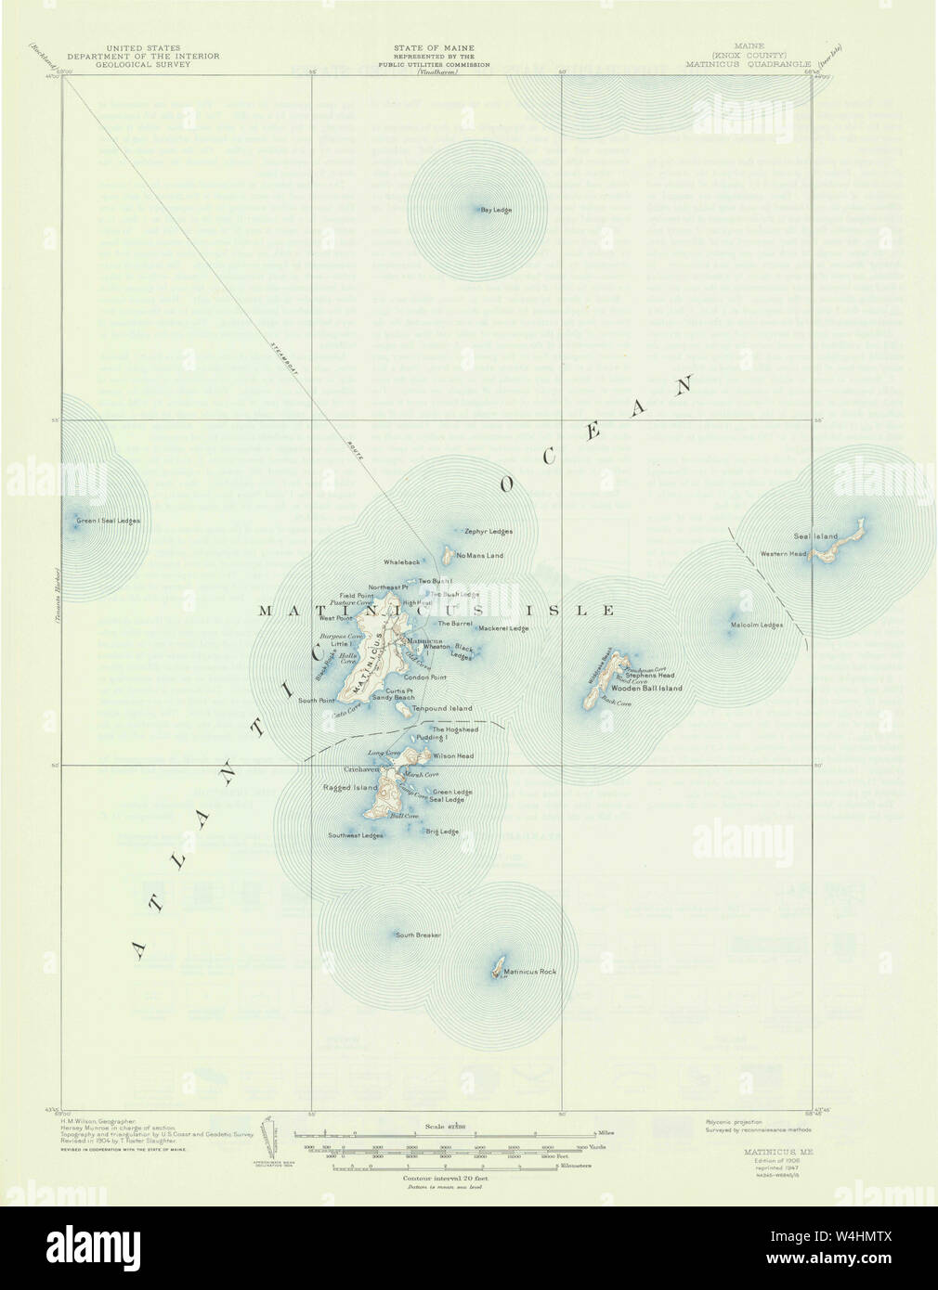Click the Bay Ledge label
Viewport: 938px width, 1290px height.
pyautogui.click(x=496, y=210)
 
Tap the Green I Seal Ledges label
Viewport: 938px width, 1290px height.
pyautogui.click(x=109, y=521)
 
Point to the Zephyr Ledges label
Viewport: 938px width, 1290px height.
pyautogui.click(x=489, y=532)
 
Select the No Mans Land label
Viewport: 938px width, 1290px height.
pyautogui.click(x=479, y=555)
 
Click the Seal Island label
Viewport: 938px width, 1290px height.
pyautogui.click(x=815, y=536)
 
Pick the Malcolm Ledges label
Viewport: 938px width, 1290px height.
pyautogui.click(x=757, y=625)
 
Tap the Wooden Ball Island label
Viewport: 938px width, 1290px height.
pyautogui.click(x=646, y=688)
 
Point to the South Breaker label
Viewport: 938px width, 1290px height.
pyautogui.click(x=418, y=935)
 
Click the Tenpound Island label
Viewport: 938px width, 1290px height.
pyautogui.click(x=448, y=708)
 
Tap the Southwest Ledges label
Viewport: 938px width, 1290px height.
pyautogui.click(x=356, y=835)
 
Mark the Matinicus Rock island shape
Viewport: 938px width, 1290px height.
pyautogui.click(x=499, y=966)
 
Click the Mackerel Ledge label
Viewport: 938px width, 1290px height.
pyautogui.click(x=503, y=628)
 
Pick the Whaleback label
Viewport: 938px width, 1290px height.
pyautogui.click(x=402, y=562)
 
